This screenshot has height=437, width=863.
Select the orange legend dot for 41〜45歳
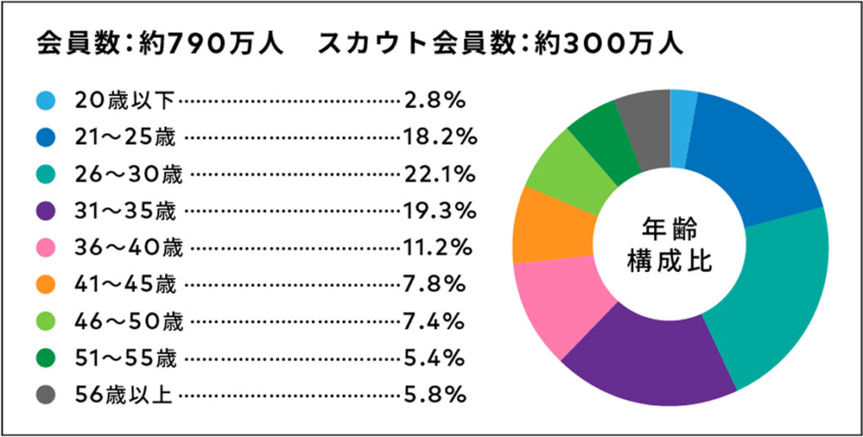(x=46, y=285)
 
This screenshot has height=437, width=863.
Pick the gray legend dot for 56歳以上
(x=46, y=395)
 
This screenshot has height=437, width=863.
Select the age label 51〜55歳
(x=126, y=358)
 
